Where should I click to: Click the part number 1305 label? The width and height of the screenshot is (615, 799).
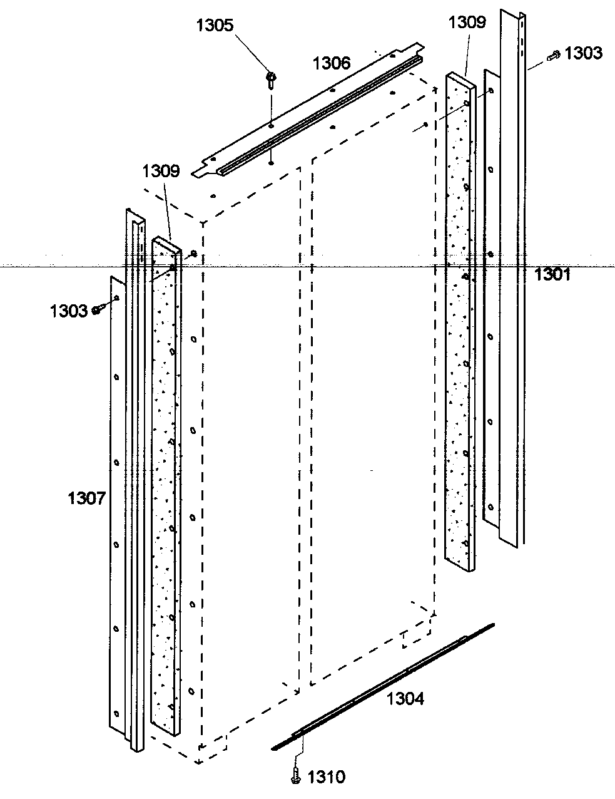click(215, 26)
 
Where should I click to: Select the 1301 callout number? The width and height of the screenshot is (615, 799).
click(552, 274)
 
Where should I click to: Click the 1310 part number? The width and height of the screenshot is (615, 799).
click(326, 778)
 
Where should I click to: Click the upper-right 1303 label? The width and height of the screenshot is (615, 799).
click(583, 53)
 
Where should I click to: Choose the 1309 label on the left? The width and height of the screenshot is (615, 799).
click(161, 170)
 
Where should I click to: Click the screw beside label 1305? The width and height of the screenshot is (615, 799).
click(272, 78)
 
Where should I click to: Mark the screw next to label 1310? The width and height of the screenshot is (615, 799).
click(295, 776)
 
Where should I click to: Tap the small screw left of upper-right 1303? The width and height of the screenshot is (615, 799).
click(552, 56)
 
